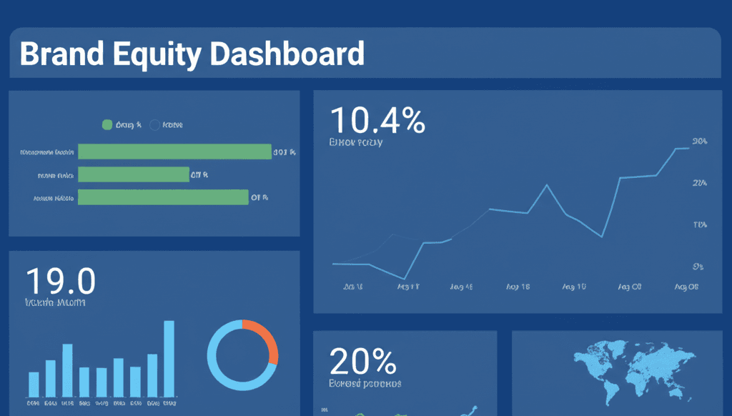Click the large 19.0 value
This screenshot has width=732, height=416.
tap(60, 281)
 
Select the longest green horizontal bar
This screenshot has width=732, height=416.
tap(174, 152)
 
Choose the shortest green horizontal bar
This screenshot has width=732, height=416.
tap(134, 174)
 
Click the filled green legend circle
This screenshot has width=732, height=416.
tap(107, 125)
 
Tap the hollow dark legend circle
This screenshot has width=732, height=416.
tap(155, 125)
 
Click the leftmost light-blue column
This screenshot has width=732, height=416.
tap(34, 384)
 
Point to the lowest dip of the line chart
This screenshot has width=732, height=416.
tap(405, 279)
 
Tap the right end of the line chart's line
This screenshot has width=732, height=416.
tap(688, 148)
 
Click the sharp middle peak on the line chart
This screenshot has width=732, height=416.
tap(547, 185)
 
